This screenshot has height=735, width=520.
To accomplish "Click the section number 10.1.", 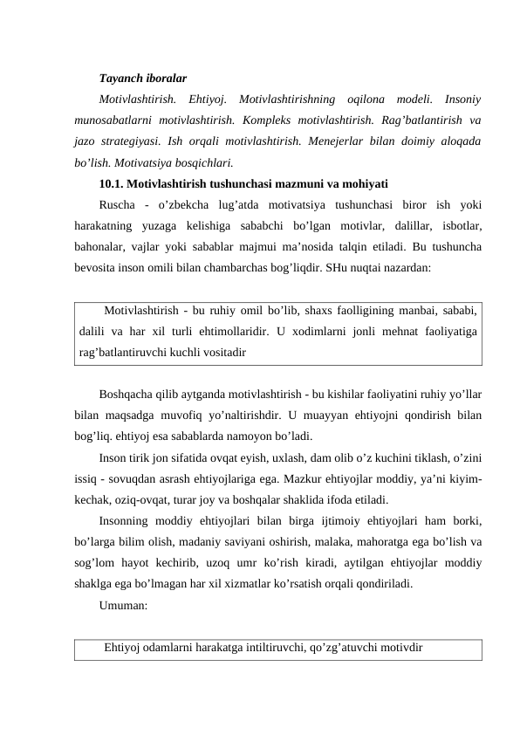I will (x=113, y=183).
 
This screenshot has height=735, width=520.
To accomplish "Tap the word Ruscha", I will (x=120, y=205).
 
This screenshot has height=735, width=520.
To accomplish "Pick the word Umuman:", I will (x=122, y=603).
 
